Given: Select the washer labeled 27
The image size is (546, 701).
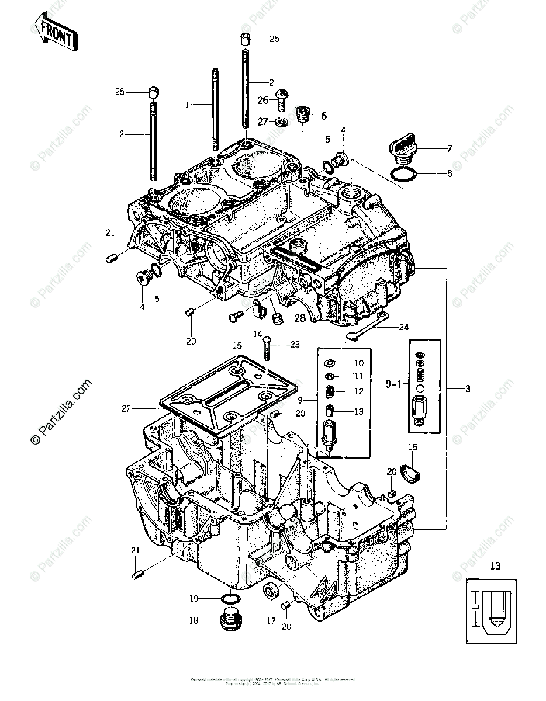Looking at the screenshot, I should click(282, 121).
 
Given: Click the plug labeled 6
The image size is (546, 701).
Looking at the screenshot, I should click(302, 114).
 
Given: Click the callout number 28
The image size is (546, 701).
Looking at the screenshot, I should click(299, 318).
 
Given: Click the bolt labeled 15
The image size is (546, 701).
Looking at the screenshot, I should click(234, 317).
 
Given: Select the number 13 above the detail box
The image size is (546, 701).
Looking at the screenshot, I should click(496, 566).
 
